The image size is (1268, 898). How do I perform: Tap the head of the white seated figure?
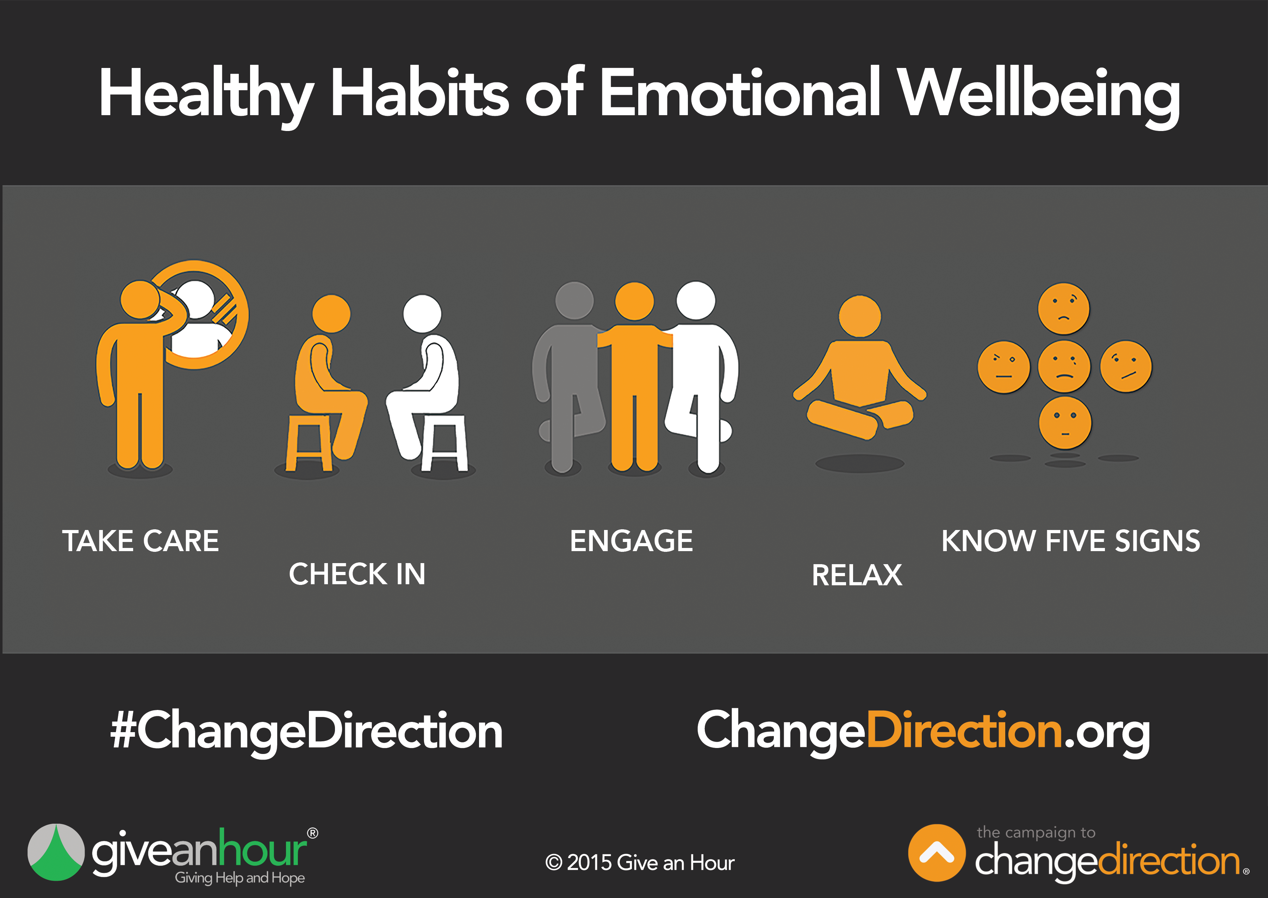(422, 313)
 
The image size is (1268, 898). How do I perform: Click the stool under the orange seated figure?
(309, 442)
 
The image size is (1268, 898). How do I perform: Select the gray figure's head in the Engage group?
(574, 300)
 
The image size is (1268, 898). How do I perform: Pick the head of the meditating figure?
(859, 316)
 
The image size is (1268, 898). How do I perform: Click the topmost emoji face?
(1063, 308)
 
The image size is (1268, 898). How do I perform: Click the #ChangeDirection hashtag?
(306, 731)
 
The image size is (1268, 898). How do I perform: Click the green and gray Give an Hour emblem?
(56, 852)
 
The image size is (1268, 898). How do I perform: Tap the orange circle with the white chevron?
(937, 853)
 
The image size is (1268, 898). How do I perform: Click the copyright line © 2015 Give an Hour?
(640, 863)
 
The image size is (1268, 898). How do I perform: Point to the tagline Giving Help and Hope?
(240, 878)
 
